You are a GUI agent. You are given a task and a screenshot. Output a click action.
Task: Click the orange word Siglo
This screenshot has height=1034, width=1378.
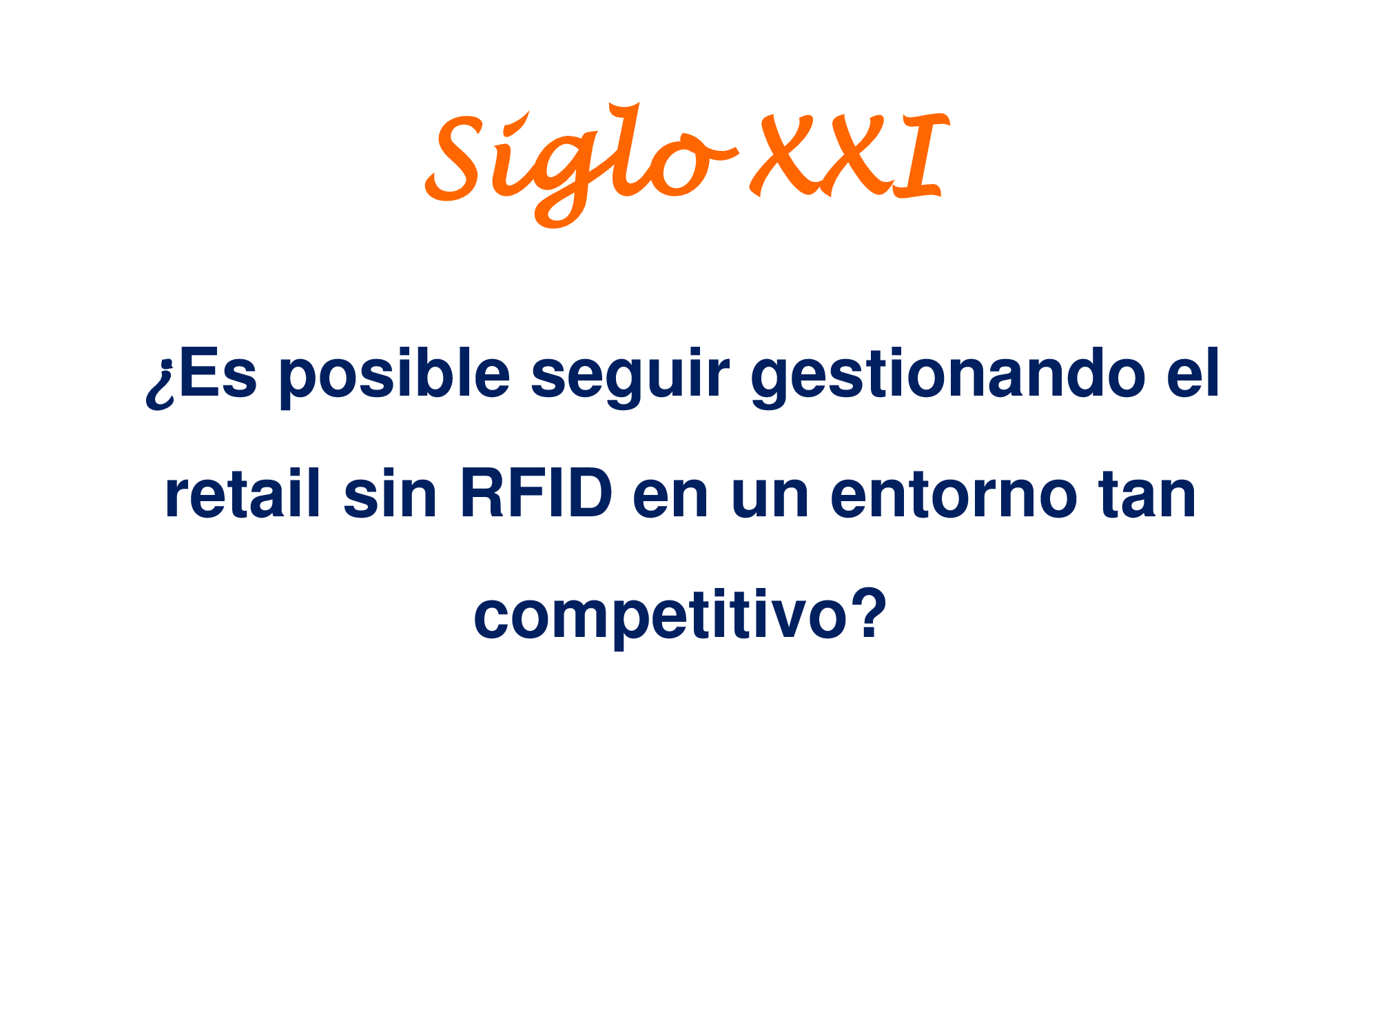click(582, 165)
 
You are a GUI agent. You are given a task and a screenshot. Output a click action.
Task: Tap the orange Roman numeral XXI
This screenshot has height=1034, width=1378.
click(850, 157)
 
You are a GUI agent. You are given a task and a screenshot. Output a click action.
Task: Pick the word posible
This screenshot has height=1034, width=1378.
click(395, 377)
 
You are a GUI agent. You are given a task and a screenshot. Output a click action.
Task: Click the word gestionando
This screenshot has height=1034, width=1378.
click(948, 378)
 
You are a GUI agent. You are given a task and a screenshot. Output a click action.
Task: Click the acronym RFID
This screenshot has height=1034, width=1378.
click(536, 494)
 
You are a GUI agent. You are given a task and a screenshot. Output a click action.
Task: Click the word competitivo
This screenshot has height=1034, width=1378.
click(660, 617)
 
